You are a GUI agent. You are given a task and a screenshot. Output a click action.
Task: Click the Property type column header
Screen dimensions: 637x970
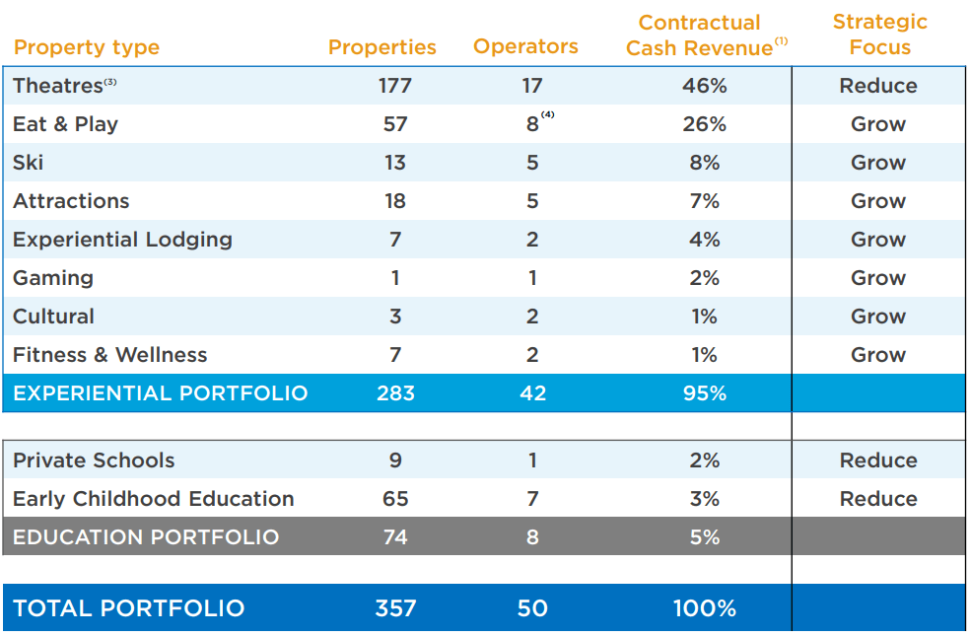pyautogui.click(x=87, y=47)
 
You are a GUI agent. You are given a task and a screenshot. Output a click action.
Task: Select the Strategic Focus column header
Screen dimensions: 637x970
pyautogui.click(x=879, y=35)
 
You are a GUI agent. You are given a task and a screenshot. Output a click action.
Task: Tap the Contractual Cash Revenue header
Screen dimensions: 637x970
pyautogui.click(x=700, y=35)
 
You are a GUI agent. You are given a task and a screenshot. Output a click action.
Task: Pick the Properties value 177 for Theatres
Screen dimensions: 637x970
pyautogui.click(x=395, y=86)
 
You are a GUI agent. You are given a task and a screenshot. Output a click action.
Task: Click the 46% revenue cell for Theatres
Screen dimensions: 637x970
pyautogui.click(x=704, y=86)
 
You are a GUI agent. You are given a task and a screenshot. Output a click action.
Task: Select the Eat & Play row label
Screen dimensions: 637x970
pyautogui.click(x=65, y=124)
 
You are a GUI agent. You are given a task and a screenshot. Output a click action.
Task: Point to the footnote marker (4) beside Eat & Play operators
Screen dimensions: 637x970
pyautogui.click(x=548, y=115)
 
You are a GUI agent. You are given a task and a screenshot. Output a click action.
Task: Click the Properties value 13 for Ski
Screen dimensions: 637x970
pyautogui.click(x=395, y=163)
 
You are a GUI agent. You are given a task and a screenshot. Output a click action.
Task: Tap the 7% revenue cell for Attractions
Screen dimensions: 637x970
pyautogui.click(x=704, y=201)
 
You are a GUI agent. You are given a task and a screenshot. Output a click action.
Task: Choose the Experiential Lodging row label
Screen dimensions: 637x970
pyautogui.click(x=122, y=240)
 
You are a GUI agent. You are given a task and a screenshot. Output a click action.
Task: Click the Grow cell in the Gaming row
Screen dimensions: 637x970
pyautogui.click(x=878, y=278)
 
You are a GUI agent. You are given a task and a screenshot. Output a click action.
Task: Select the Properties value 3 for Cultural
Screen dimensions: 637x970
pyautogui.click(x=395, y=317)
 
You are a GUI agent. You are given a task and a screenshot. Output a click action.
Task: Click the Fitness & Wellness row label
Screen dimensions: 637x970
pyautogui.click(x=110, y=355)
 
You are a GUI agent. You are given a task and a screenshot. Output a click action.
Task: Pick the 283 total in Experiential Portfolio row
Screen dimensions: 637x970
pyautogui.click(x=395, y=393)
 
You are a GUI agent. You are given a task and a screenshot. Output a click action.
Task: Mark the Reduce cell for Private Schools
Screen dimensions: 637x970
pyautogui.click(x=878, y=460)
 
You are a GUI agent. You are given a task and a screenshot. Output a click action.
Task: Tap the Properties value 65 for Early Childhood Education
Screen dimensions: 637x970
pyautogui.click(x=395, y=499)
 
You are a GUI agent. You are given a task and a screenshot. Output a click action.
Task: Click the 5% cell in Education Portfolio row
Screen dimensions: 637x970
pyautogui.click(x=704, y=537)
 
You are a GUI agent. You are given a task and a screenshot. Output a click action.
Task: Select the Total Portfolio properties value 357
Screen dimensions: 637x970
pyautogui.click(x=395, y=608)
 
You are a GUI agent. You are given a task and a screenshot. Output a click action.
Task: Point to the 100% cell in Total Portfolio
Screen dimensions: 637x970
pyautogui.click(x=704, y=608)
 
